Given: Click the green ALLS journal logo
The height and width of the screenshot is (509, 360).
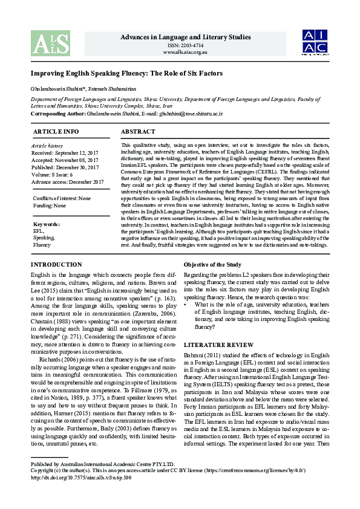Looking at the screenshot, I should coord(45,43).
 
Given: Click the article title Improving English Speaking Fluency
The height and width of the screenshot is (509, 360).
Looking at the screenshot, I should coord(127,74).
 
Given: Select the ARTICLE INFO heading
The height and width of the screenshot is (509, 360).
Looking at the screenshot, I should coord(56,131).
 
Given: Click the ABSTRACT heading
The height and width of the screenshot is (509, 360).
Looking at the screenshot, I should coord(138,131).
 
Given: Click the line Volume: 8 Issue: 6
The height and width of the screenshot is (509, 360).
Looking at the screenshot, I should coord(54,175).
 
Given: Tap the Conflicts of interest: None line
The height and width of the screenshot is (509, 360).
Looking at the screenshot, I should coord(62,199).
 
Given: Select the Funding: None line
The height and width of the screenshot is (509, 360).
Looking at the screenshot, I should coord(50,206).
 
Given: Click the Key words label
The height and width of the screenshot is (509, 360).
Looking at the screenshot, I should coord(47,224).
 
